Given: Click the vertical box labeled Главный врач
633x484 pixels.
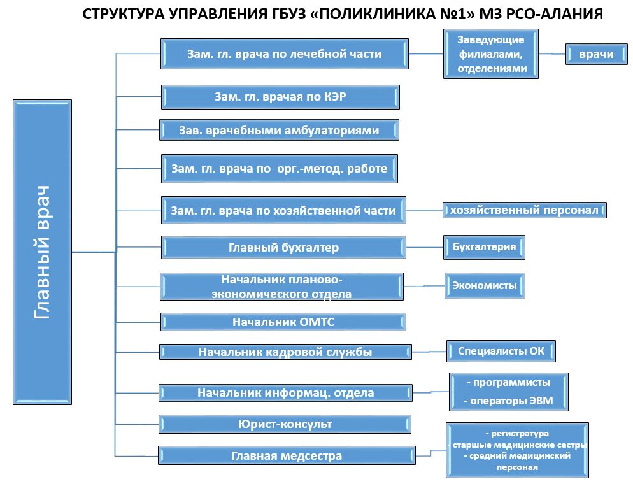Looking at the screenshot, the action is [43, 252].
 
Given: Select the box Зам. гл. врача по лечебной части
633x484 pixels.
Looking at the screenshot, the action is [285, 53].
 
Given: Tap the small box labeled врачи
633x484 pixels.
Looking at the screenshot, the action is [596, 54].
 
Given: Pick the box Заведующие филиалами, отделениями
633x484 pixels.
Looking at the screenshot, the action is [491, 53].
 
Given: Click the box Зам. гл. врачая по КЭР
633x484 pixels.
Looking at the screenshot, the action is [280, 97].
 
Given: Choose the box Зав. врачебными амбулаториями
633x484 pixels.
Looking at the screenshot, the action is [279, 130].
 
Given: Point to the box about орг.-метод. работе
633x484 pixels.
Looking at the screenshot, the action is [280, 168].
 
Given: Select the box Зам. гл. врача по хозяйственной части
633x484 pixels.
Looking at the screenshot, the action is [283, 210].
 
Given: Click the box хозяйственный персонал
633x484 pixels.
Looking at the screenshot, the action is [524, 210].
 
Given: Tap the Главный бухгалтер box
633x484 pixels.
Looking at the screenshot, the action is [283, 248].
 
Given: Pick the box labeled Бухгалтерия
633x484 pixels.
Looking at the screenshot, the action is [484, 247].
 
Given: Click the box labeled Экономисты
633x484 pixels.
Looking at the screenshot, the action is [485, 286].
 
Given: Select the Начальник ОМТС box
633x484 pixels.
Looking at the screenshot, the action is [283, 322].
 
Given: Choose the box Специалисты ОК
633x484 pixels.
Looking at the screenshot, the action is [501, 351].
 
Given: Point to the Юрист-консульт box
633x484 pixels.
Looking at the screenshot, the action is [285, 424].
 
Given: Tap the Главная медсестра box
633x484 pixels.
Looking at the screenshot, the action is [287, 456].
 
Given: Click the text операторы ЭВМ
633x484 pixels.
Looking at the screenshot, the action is [511, 401].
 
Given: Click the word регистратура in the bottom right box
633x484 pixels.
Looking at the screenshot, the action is [520, 434].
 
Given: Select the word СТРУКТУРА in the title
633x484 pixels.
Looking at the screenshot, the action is [124, 14].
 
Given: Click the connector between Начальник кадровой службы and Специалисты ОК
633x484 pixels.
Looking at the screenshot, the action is [429, 352].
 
